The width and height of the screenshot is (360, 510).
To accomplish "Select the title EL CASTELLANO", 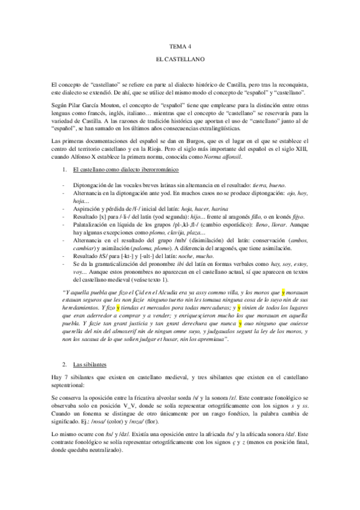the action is click(180, 61).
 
